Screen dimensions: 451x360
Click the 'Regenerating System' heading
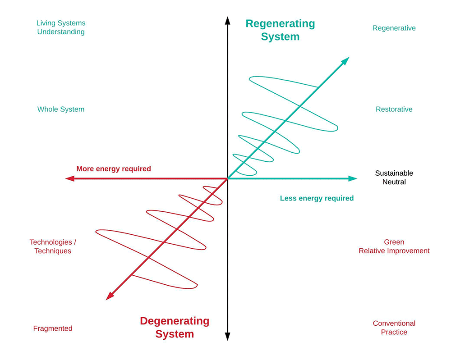coord(280,30)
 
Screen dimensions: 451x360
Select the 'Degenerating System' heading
coord(175,327)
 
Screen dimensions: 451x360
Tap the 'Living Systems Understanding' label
coord(61,27)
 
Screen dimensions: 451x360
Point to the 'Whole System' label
coord(61,109)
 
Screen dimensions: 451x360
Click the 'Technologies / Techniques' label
coord(53,246)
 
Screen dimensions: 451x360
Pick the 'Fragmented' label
coord(53,328)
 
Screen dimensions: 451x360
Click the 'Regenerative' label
coord(394,28)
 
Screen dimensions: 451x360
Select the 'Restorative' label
coord(394,109)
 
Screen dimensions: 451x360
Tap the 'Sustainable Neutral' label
coord(394,177)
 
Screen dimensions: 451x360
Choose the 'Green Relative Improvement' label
coord(394,246)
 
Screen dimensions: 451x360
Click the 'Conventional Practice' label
coord(394,328)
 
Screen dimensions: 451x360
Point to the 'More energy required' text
coord(114,169)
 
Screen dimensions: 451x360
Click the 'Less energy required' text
coord(317,198)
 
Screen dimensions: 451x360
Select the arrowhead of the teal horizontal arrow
coord(353,179)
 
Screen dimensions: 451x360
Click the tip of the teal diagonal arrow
coord(349,57)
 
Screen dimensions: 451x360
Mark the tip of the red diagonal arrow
coord(106,300)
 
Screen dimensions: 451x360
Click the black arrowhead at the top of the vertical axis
coord(227,21)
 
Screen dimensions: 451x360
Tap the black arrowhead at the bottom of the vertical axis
coord(227,337)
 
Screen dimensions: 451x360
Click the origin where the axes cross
coord(227,179)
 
